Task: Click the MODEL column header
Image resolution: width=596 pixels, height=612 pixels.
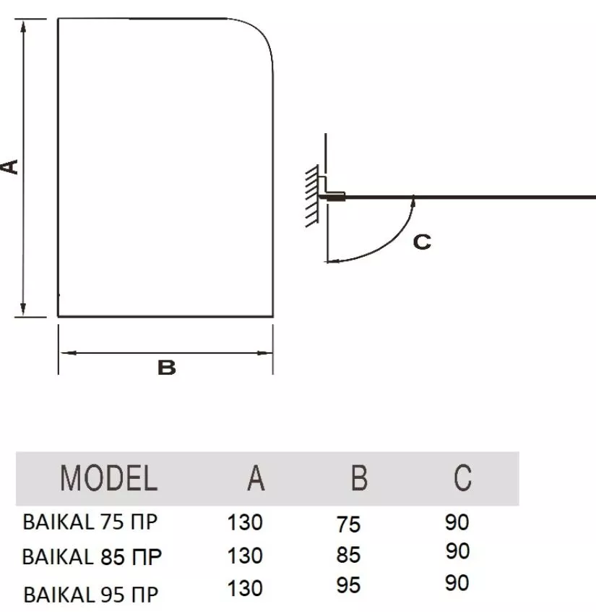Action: point(109,477)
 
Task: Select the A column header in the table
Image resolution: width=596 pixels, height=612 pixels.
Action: point(256,477)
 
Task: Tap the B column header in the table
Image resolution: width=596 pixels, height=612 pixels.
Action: point(359,477)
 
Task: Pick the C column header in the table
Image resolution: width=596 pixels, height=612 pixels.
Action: point(462,477)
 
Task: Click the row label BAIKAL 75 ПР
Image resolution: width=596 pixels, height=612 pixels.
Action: point(90,522)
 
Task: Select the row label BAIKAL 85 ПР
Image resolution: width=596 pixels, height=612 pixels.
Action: point(92,556)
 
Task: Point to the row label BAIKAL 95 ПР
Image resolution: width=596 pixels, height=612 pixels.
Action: point(91,595)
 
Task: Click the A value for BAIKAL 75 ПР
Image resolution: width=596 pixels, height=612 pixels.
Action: point(245,522)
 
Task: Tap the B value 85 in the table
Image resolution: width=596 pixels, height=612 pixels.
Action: point(348,555)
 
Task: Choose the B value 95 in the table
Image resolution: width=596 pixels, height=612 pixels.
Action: point(348,585)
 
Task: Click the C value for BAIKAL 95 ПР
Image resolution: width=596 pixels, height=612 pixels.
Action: point(457,583)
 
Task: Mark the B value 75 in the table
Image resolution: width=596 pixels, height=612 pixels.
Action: point(348,524)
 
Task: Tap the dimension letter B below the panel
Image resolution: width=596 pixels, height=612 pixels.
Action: point(166,367)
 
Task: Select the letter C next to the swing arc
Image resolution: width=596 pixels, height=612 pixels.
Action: point(422,242)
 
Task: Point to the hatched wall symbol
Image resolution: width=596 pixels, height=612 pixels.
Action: point(312,196)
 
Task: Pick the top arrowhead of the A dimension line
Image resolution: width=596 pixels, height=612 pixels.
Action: point(24,28)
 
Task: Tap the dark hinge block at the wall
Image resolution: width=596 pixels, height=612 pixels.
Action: point(335,198)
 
